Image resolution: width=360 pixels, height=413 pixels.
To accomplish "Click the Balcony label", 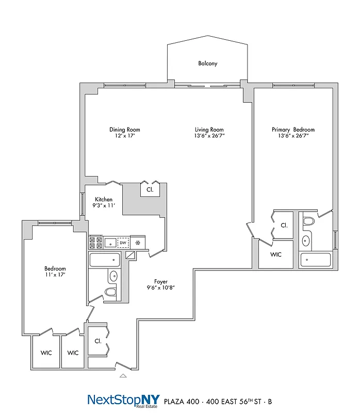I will click(208, 63).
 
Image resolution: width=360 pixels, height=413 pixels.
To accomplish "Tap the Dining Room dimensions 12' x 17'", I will click(124, 136).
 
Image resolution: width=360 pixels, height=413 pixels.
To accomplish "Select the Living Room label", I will click(209, 130).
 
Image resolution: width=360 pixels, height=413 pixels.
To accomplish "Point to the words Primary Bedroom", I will click(293, 130).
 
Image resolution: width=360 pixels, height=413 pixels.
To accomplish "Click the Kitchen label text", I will click(104, 200).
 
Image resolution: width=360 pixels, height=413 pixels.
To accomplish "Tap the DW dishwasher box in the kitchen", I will click(123, 242).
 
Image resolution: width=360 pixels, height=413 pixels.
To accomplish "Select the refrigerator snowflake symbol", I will click(138, 242).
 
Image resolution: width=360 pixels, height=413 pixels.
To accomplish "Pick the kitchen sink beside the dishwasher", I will click(110, 242).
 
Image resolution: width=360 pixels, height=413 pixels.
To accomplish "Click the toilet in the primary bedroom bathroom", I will click(308, 222).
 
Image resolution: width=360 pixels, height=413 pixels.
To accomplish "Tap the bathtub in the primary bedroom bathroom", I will click(316, 260).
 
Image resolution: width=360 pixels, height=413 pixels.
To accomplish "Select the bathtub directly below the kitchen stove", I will click(105, 260).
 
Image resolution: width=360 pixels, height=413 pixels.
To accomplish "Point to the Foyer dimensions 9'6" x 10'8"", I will click(161, 288).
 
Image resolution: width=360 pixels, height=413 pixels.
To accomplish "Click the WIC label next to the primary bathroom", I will click(275, 255).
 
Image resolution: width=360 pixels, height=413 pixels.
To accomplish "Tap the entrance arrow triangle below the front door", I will click(123, 376).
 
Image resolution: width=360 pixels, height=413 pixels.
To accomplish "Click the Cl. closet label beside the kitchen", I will click(150, 189).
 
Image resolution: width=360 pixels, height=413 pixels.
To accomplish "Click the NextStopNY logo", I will click(123, 400).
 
